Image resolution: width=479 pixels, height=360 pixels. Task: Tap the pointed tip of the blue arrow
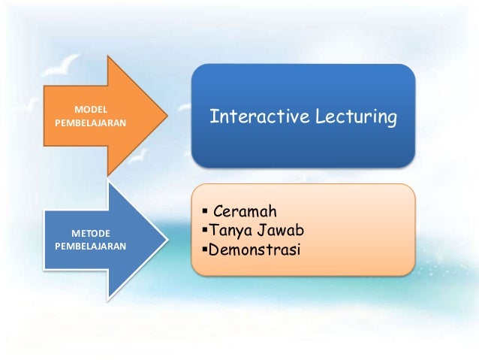167,238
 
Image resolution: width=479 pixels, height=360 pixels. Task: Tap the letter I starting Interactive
212,117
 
